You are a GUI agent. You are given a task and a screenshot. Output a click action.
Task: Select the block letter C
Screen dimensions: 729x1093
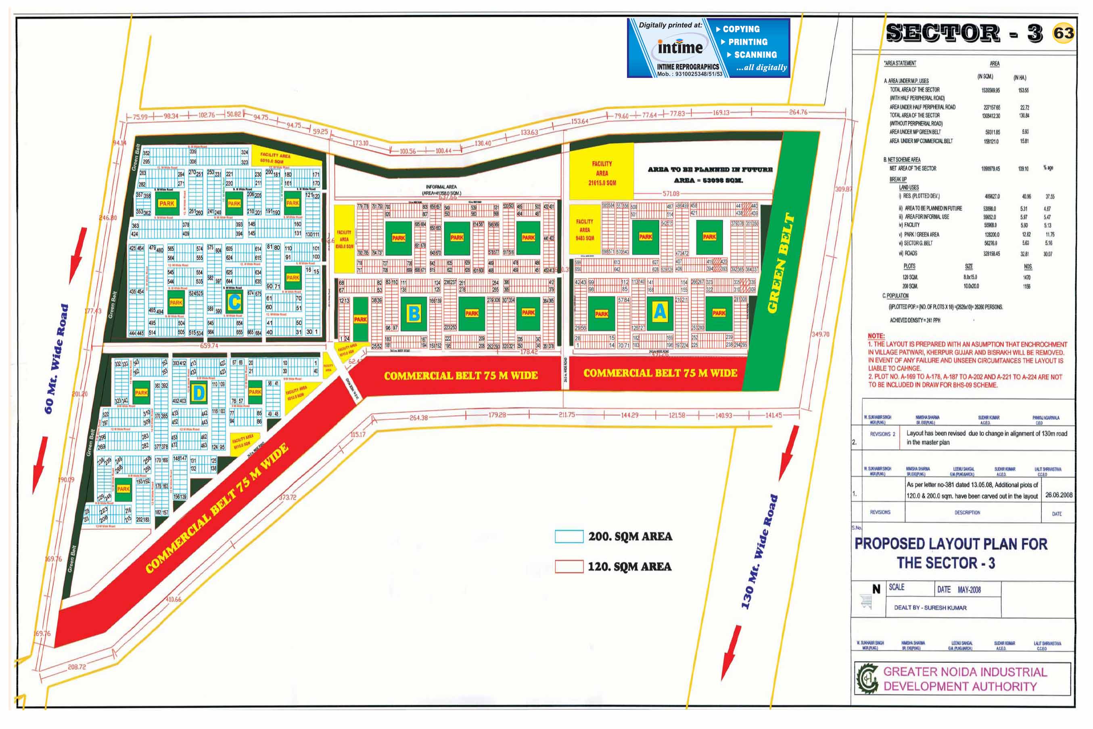[x=235, y=302]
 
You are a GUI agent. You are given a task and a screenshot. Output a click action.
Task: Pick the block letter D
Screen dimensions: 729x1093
[x=199, y=393]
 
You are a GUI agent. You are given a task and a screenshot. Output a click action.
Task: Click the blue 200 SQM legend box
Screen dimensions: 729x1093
[x=569, y=536]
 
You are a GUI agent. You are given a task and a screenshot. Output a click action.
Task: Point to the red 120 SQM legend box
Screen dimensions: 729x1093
[x=569, y=566]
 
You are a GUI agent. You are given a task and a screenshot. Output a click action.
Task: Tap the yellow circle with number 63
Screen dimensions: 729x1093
[x=1063, y=33]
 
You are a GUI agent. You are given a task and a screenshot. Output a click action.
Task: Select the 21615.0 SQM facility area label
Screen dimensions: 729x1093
[x=602, y=183]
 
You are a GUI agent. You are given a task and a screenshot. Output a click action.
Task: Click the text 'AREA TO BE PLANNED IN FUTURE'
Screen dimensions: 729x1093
[x=710, y=169]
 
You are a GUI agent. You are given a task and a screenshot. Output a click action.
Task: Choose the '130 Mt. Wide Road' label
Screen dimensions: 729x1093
[x=759, y=552]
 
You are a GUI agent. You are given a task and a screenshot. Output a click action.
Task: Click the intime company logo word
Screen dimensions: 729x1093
[x=680, y=47]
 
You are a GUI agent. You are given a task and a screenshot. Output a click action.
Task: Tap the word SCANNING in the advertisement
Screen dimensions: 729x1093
[x=755, y=55]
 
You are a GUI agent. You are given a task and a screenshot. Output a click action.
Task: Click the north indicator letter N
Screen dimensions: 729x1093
[x=876, y=589]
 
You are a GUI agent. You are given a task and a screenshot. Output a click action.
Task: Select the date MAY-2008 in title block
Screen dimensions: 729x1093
[x=969, y=589]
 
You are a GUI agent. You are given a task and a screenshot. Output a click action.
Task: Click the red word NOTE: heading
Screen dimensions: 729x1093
[x=876, y=336]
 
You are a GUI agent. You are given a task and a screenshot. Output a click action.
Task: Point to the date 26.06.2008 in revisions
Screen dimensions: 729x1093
[x=1059, y=495]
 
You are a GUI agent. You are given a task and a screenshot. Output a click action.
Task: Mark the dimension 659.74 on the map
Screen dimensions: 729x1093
[x=209, y=346]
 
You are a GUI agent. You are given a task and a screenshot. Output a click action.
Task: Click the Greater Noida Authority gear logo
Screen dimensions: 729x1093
[x=867, y=679]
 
